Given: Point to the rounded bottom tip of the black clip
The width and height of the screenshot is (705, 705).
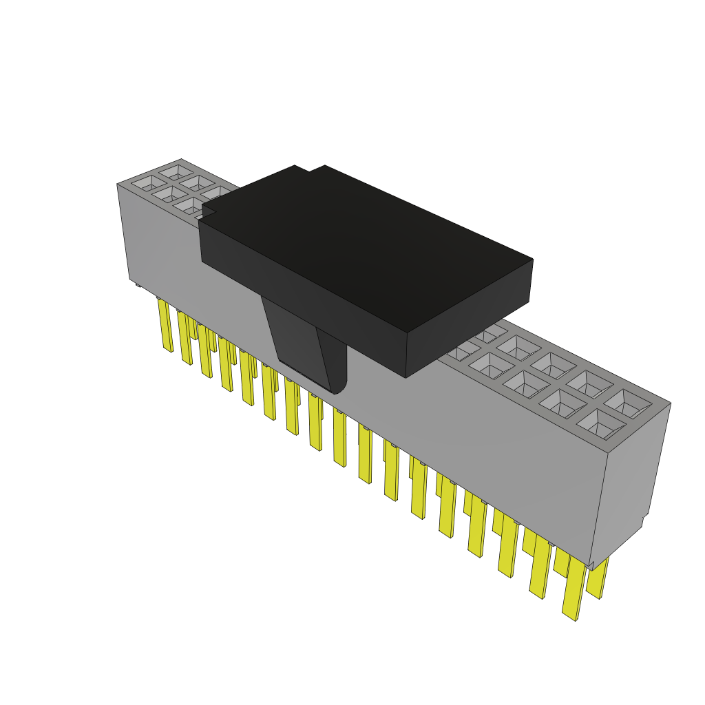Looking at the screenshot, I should (337, 390).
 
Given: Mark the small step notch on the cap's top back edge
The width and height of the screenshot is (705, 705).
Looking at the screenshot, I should (310, 168).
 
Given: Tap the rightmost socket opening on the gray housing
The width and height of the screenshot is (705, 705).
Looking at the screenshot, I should (627, 402).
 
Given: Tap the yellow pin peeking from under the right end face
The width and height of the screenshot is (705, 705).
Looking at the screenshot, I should (598, 578).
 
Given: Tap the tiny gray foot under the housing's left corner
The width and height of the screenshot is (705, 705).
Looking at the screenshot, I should (138, 284).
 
